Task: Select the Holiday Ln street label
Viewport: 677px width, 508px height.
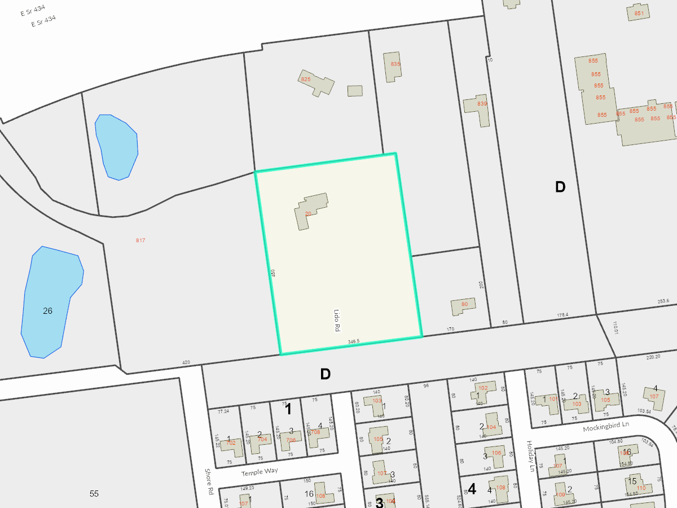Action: coord(530,456)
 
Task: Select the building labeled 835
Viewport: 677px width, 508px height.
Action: coord(392,67)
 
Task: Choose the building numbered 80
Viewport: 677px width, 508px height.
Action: coord(463,306)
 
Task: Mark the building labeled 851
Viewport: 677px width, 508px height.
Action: coord(638,12)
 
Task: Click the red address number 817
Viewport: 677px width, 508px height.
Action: coord(140,240)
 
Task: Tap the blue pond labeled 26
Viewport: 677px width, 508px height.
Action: coord(51,302)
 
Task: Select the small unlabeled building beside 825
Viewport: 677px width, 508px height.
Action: coord(355,90)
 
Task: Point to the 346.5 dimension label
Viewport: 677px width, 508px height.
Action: coord(354,341)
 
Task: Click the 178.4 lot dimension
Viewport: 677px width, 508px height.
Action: coord(562,315)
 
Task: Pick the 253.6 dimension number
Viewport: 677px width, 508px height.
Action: coord(663,301)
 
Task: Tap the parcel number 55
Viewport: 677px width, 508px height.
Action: coord(94,494)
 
